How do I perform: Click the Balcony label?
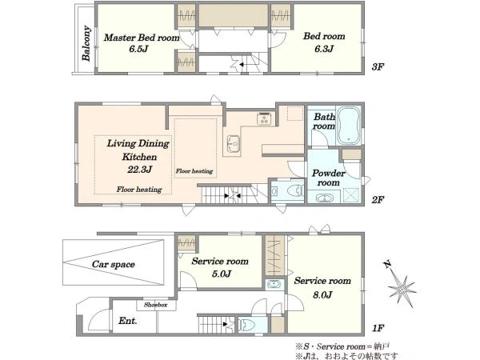86,43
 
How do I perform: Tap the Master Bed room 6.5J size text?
138,49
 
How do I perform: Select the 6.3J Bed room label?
324,49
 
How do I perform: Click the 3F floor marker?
378,66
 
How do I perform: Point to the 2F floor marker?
378,200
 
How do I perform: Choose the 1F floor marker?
378,328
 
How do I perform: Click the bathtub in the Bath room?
348,126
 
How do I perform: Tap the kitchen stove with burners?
264,118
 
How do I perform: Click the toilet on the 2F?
295,191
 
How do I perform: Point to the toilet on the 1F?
247,325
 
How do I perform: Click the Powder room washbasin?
324,198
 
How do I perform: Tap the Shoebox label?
156,305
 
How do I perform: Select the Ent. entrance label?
128,321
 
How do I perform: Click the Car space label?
114,264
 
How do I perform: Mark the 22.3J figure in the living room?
139,170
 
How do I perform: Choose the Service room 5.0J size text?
222,274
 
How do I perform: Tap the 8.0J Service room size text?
322,294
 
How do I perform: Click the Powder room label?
329,178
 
